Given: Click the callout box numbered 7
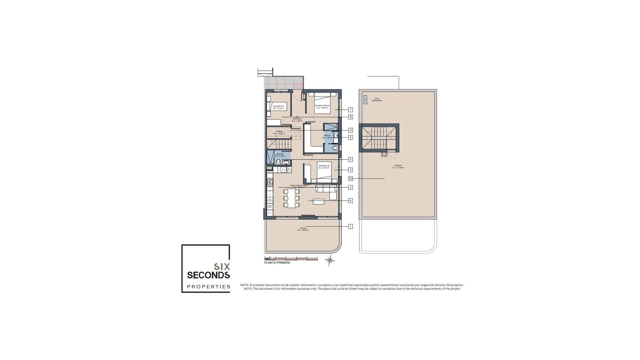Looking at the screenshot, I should click(x=350, y=110).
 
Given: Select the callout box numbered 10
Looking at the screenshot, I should click(x=350, y=179).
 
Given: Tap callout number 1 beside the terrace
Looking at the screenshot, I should click(x=350, y=226).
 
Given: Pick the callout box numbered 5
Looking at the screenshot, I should click(x=350, y=159).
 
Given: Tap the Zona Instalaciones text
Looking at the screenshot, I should click(x=377, y=99).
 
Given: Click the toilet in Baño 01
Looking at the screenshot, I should click(x=335, y=148).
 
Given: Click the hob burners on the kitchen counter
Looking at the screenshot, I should click(x=270, y=182).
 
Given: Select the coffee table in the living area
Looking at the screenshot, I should click(x=318, y=201).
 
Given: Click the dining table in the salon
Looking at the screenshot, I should click(x=292, y=198).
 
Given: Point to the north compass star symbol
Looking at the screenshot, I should click(x=330, y=260).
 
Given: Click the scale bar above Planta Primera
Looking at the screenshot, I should click(x=291, y=259).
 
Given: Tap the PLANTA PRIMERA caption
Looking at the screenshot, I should click(x=277, y=263).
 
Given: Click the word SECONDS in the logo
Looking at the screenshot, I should click(x=208, y=275).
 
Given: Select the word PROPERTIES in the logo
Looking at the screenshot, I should click(x=208, y=287).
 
